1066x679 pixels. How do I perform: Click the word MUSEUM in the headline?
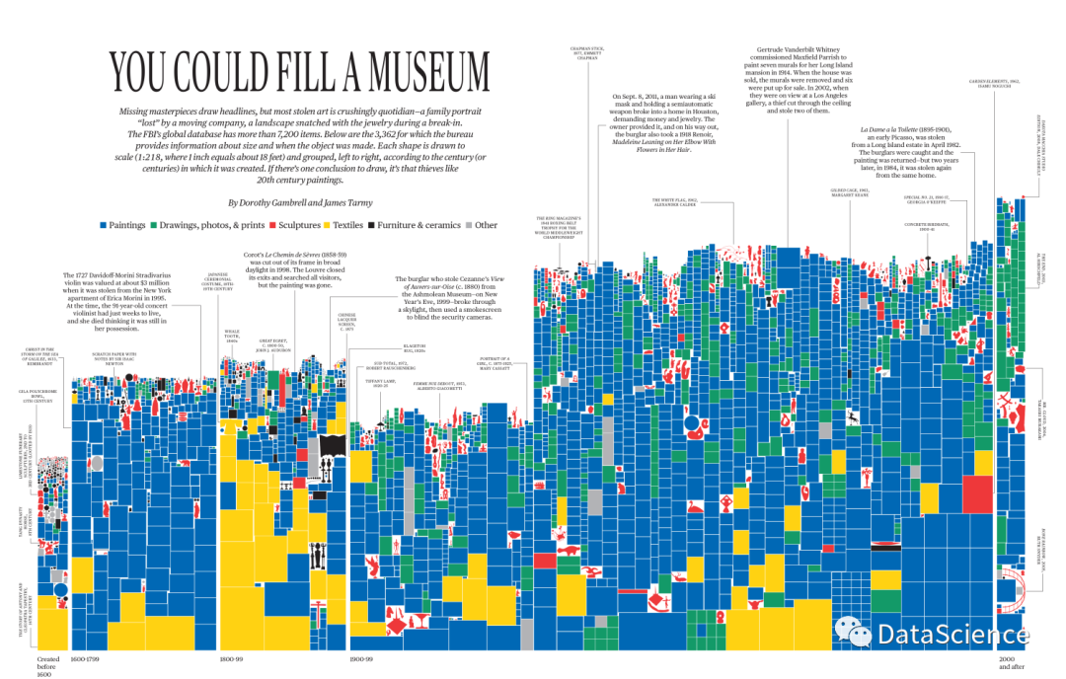click(419, 73)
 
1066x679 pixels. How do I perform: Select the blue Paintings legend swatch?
click(103, 225)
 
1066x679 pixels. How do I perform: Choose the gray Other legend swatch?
click(468, 225)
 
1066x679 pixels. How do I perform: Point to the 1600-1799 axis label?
click(86, 658)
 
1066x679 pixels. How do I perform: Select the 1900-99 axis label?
click(366, 658)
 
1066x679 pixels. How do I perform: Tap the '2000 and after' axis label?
click(1013, 662)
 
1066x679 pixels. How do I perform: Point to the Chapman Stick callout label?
click(586, 54)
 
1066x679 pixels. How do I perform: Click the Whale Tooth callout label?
click(233, 335)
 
